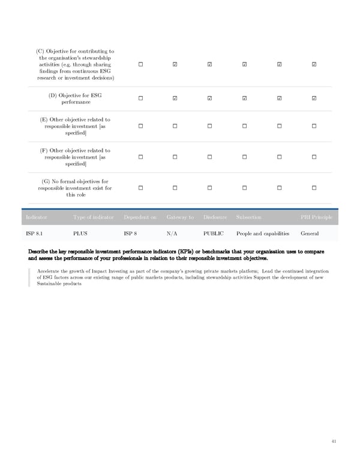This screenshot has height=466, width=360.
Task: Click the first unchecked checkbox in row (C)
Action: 139,65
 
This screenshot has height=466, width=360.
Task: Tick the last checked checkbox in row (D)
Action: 314,98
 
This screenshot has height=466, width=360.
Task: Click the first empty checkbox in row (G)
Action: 139,189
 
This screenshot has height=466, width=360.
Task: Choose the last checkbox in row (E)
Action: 314,126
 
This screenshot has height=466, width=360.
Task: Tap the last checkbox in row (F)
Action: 314,157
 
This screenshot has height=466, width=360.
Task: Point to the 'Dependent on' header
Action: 140,217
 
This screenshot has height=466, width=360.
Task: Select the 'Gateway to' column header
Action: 179,217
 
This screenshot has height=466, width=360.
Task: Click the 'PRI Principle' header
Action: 316,217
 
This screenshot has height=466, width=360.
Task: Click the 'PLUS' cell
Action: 80,233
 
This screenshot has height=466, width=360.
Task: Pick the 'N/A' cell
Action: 171,233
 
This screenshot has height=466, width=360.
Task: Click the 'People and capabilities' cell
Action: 263,233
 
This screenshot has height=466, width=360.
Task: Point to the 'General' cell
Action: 310,233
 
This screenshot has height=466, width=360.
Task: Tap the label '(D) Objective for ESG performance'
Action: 74,99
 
